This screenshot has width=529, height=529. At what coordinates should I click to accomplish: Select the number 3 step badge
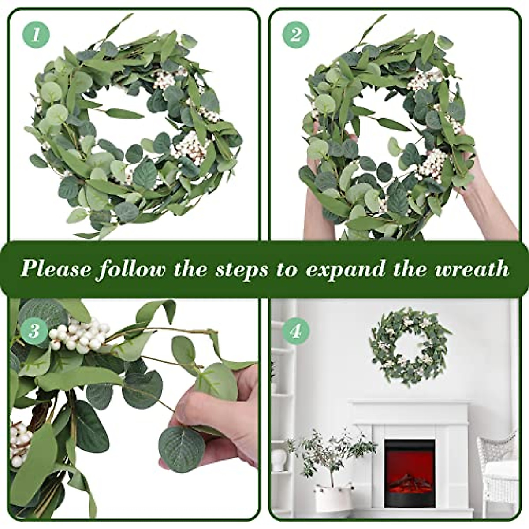34,331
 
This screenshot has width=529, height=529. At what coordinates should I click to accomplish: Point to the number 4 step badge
295,331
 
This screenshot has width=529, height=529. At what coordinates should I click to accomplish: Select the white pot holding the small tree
334,499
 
